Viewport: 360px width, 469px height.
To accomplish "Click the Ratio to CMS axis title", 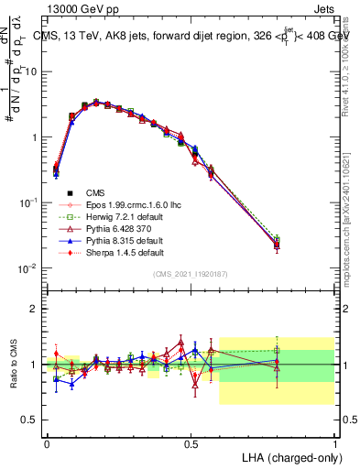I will tap(12, 364).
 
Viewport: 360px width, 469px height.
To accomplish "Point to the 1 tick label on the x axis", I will tap(334, 442).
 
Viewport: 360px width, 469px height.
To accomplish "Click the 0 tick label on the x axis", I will tap(47, 442).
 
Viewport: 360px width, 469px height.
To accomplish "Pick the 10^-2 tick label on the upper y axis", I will tap(27, 267).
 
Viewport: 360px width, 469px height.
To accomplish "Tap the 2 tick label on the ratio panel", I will tap(34, 309).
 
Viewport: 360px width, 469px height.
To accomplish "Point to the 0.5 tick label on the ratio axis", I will tap(29, 420).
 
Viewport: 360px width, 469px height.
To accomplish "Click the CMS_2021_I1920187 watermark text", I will tap(191, 274).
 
